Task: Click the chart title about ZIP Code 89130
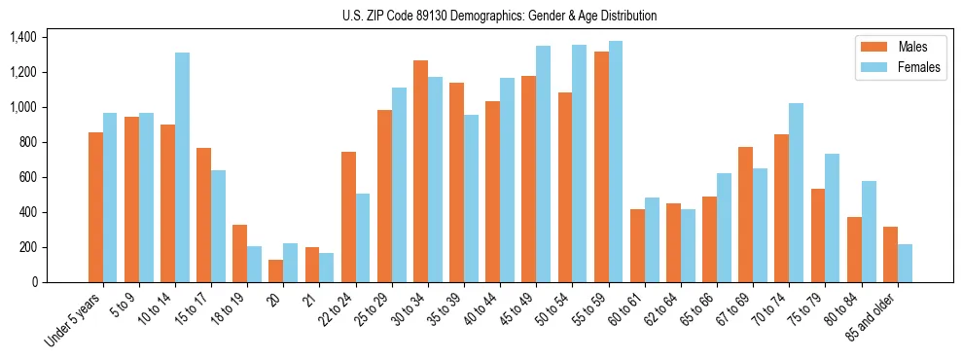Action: [499, 16]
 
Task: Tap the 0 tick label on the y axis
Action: [34, 282]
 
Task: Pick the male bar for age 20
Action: [276, 270]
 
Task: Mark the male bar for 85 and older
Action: [890, 254]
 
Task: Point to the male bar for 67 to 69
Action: [746, 214]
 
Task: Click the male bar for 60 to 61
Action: [637, 245]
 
